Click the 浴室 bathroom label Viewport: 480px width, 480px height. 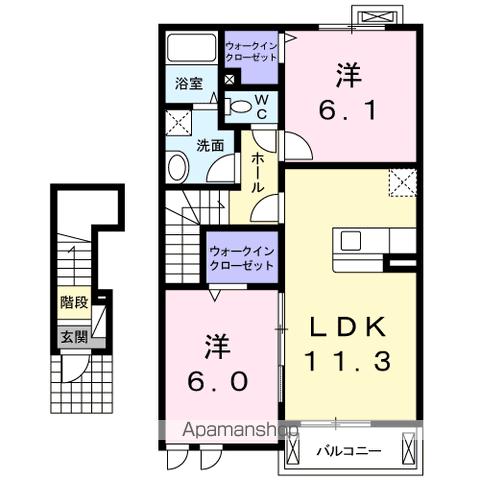point(189,83)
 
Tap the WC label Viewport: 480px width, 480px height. point(262,107)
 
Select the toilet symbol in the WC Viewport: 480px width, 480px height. point(240,107)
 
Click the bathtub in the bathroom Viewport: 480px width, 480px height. point(191,48)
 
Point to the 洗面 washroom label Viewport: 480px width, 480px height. point(210,146)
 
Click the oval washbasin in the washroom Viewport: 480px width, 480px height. point(178,167)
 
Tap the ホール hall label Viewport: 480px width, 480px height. point(257,173)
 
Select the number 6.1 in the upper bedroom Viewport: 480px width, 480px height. point(348,110)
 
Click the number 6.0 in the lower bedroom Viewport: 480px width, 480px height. point(218,381)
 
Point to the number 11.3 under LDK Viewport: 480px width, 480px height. point(348,361)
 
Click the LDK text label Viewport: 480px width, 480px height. point(348,327)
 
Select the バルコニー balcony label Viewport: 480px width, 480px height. point(349,451)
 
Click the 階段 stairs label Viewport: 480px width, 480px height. point(74,303)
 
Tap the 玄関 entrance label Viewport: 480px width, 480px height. point(74,337)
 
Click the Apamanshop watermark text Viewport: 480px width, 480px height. point(241,430)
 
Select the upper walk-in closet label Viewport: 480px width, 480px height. point(251,51)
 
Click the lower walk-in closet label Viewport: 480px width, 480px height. point(242,258)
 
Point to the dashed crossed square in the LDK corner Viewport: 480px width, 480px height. point(403,182)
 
